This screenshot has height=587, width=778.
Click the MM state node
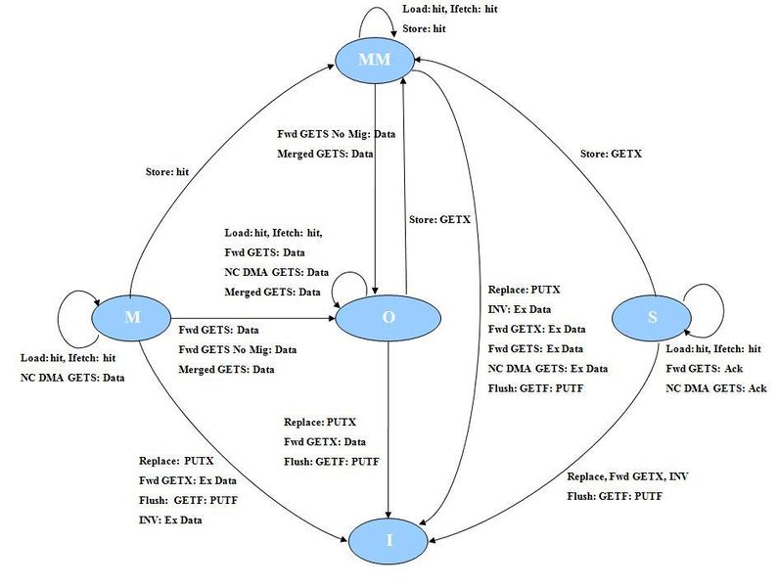[x=375, y=61]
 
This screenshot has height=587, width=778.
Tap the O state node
[x=388, y=318]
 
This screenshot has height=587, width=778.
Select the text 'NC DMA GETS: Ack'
[x=716, y=388]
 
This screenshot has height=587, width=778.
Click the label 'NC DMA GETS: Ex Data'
[x=548, y=368]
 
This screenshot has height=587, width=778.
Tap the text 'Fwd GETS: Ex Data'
[x=535, y=348]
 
